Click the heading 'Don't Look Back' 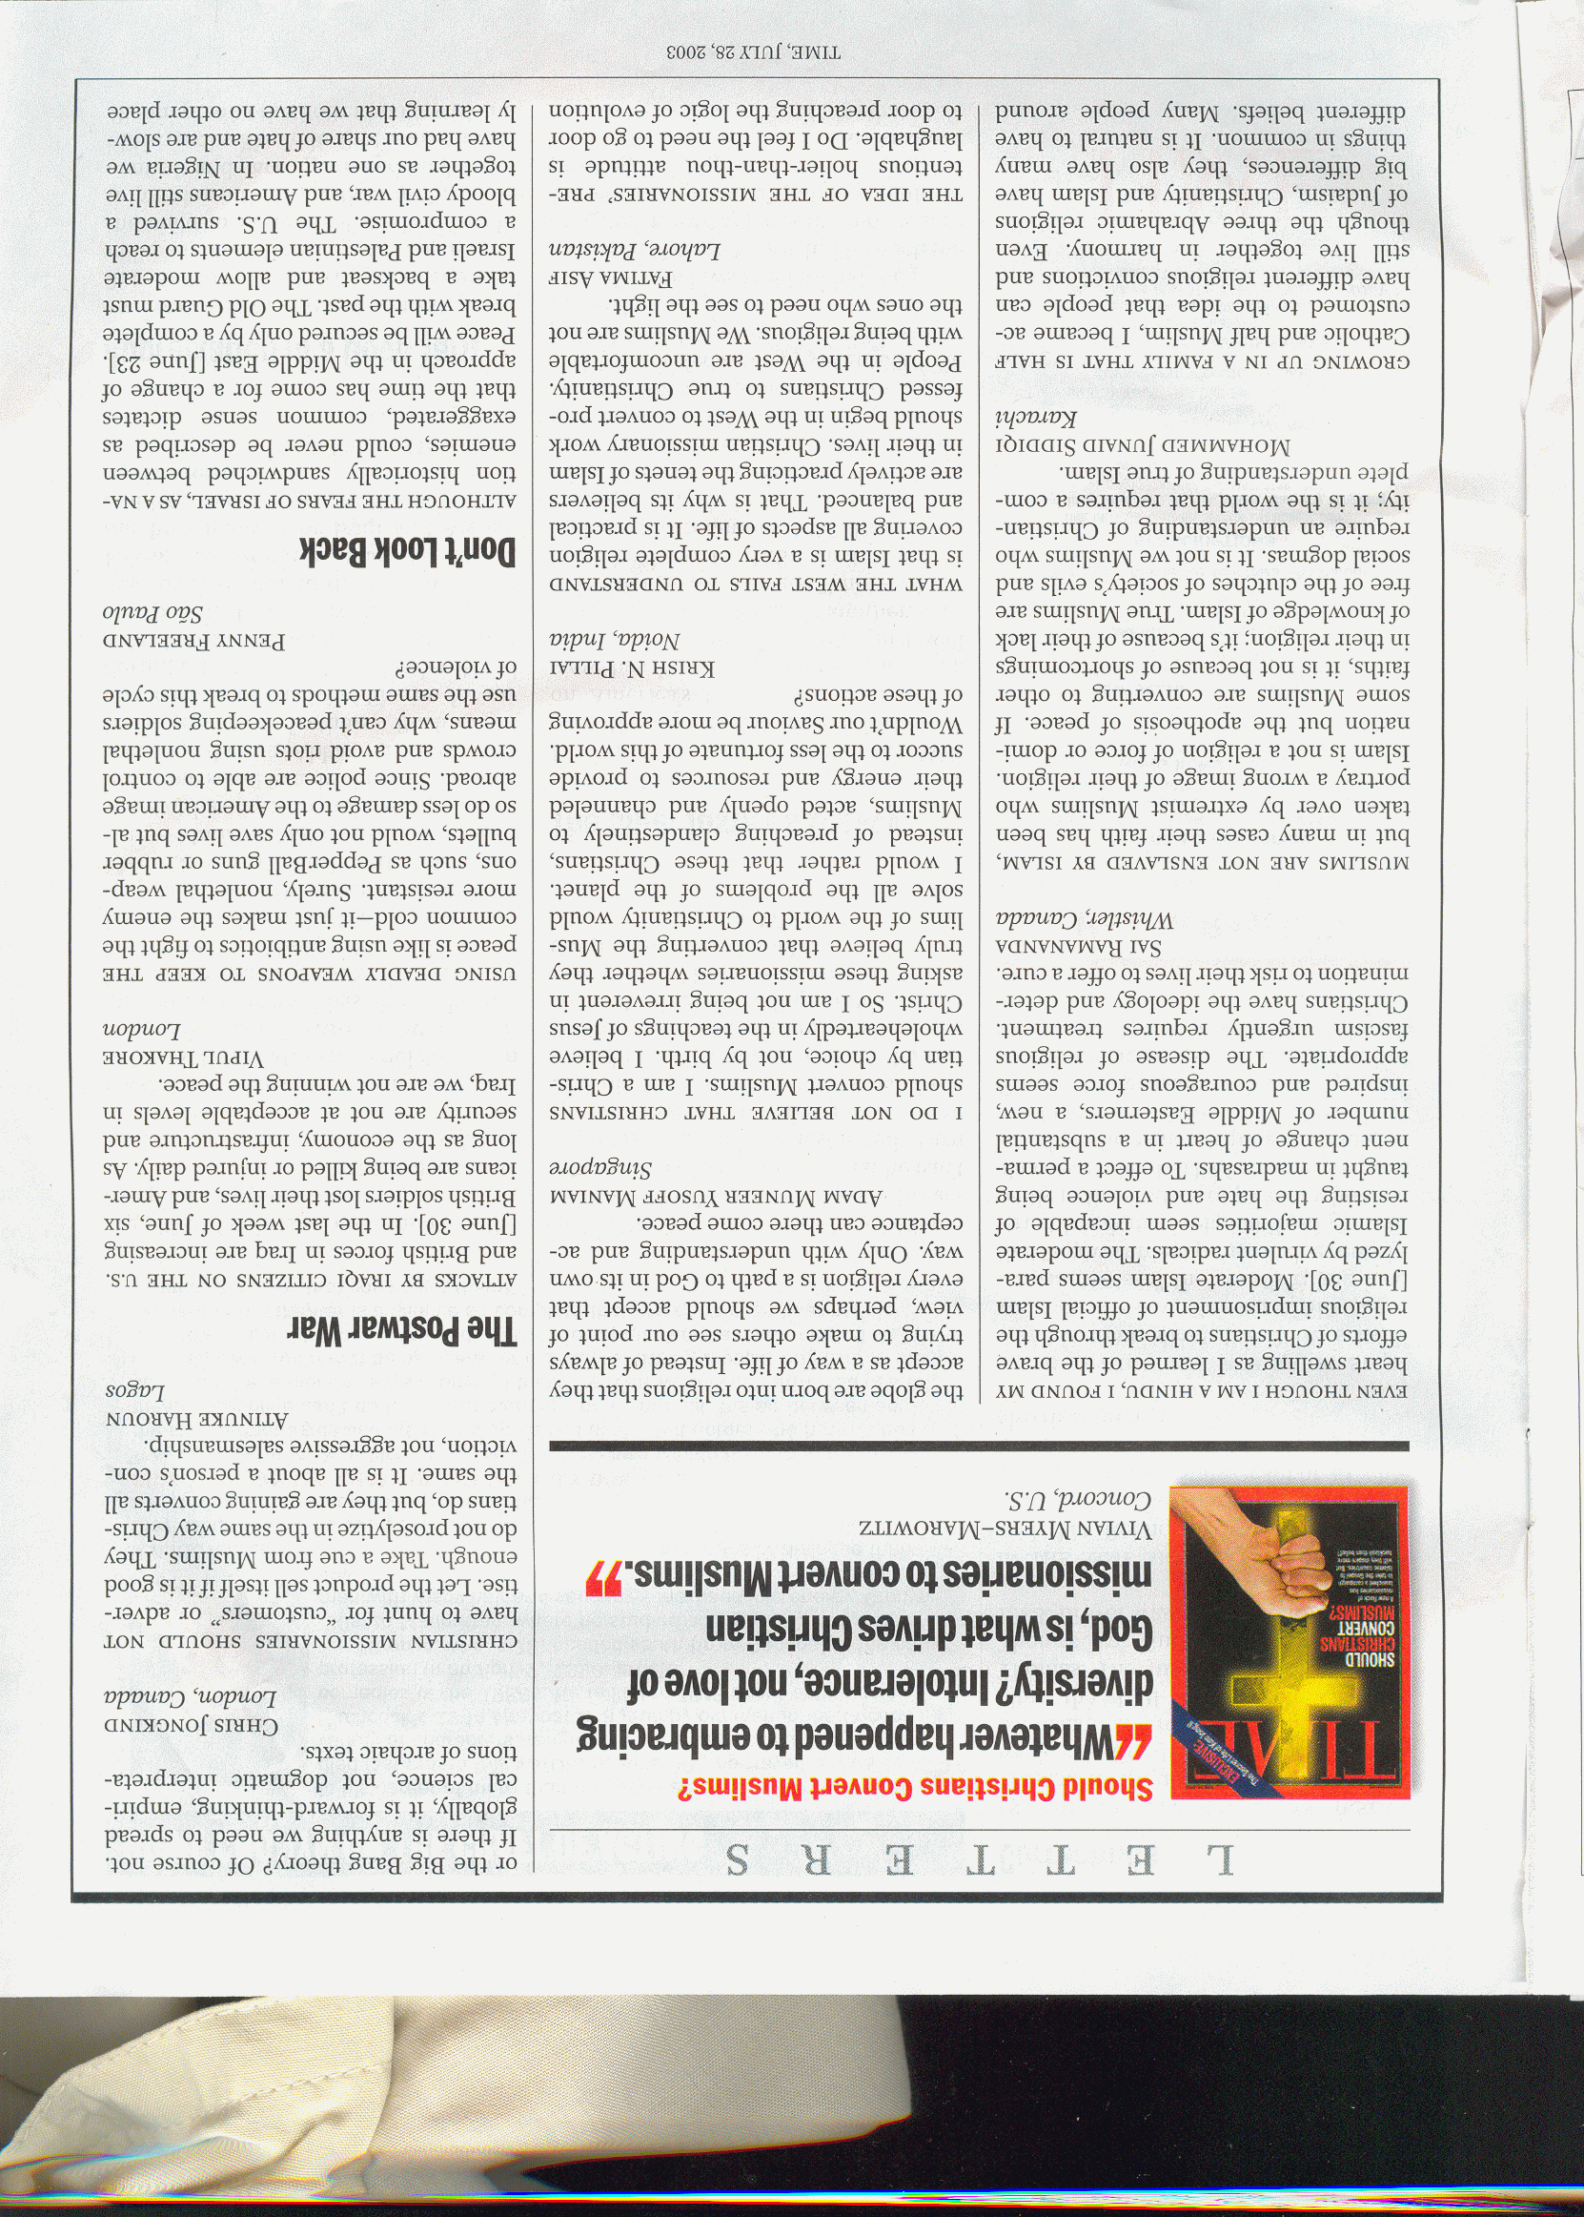(410, 551)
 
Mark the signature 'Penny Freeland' (196, 642)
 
